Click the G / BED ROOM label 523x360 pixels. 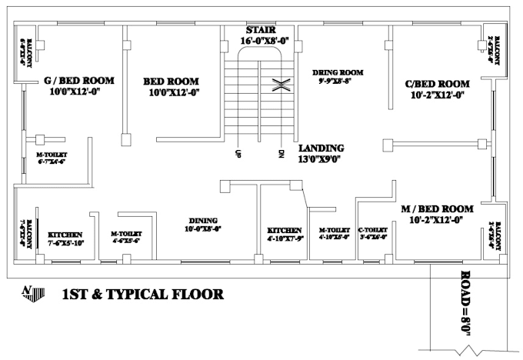pos(79,80)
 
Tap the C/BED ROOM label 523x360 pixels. pos(438,84)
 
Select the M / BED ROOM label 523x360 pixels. pos(437,208)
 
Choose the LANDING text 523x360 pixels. pos(321,148)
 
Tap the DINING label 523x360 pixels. pos(200,219)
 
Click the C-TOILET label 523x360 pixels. pos(373,229)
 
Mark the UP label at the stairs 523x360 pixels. pos(238,153)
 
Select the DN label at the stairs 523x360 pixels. pos(281,153)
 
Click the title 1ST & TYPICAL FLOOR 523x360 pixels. pos(143,294)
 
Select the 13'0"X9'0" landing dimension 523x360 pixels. pos(319,159)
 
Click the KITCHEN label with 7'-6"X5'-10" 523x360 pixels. pos(65,235)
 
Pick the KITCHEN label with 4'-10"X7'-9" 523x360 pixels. pos(285,230)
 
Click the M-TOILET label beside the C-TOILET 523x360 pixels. pos(335,229)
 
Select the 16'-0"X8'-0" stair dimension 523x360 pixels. pos(264,40)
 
